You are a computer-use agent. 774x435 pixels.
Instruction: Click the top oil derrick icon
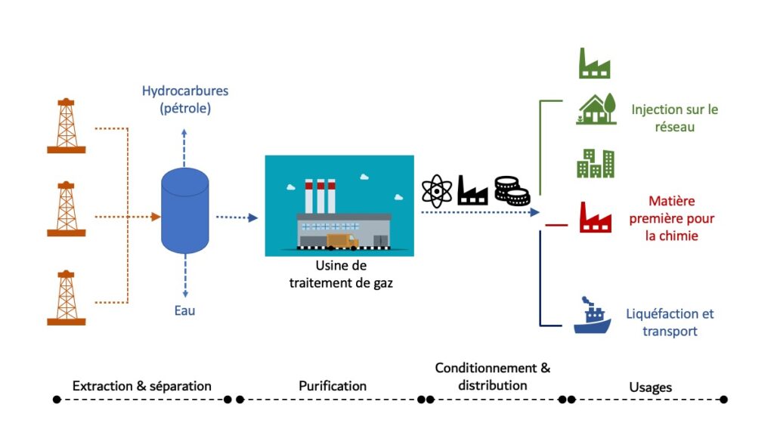[67, 125]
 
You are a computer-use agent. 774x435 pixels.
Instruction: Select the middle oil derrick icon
[67, 208]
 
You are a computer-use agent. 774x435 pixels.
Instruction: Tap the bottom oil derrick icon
[67, 298]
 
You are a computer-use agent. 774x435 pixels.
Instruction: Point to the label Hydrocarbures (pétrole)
[185, 100]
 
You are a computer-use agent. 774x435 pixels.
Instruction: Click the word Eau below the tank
[184, 310]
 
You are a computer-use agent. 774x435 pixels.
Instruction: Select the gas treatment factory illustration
[339, 205]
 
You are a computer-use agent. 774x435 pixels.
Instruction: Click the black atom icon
[436, 191]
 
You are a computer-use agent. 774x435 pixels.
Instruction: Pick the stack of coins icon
[512, 191]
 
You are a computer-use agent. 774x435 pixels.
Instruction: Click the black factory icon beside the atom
[473, 191]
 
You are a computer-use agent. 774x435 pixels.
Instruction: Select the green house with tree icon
[595, 110]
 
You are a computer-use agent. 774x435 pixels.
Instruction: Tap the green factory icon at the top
[594, 63]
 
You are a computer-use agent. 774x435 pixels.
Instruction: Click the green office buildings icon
[595, 162]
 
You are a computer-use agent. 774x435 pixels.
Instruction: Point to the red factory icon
[595, 217]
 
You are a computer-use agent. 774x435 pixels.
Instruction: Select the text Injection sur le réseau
[674, 119]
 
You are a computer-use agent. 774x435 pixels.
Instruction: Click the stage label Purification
[333, 386]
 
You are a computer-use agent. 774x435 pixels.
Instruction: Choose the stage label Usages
[650, 387]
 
